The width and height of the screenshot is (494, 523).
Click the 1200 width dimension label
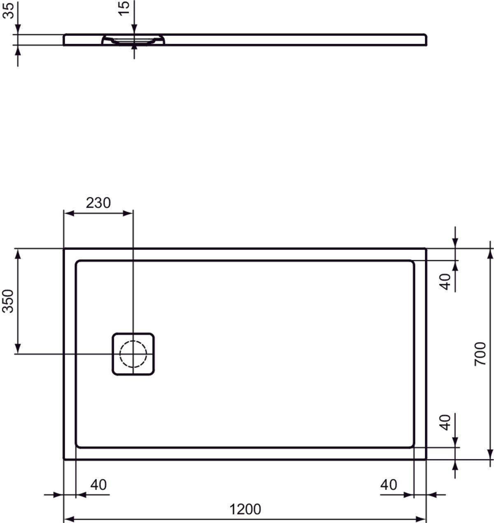245,509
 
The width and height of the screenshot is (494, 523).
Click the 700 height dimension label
480,354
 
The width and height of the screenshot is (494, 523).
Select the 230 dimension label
98,203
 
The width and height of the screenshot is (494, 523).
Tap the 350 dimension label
8,301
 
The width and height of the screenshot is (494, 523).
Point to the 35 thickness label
8,10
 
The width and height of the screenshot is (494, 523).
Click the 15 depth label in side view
123,7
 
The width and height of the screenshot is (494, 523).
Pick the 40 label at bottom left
98,485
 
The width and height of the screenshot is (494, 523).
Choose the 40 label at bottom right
389,485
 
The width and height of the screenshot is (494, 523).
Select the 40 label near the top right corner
445,282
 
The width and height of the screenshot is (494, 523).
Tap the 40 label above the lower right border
445,422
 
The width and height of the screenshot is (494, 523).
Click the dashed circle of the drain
133,354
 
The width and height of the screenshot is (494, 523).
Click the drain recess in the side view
133,40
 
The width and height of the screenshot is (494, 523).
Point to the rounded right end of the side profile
425,39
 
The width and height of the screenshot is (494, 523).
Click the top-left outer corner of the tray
64,249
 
